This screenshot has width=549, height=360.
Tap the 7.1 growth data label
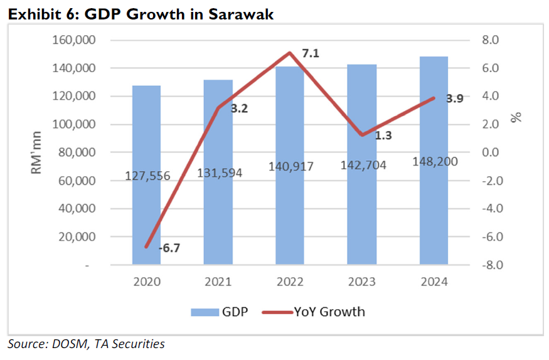[311, 54]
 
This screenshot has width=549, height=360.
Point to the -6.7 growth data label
[169, 249]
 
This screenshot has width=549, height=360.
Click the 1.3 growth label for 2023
[383, 135]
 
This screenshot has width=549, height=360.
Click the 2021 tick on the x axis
[218, 282]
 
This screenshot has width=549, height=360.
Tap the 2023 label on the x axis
[361, 282]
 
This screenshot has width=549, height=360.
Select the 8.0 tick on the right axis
[490, 41]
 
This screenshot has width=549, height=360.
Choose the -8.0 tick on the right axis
[489, 265]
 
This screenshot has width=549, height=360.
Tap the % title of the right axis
[517, 117]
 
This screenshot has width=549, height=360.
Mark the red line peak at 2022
[290, 53]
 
